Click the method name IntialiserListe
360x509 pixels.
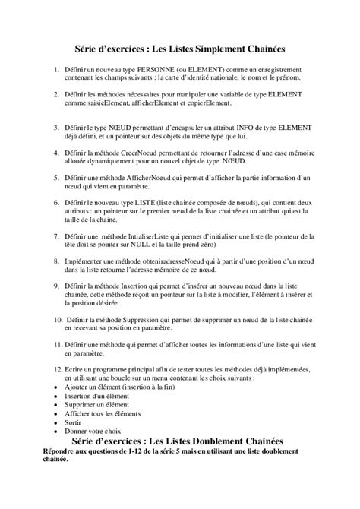150,238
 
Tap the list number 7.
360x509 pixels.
57,238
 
